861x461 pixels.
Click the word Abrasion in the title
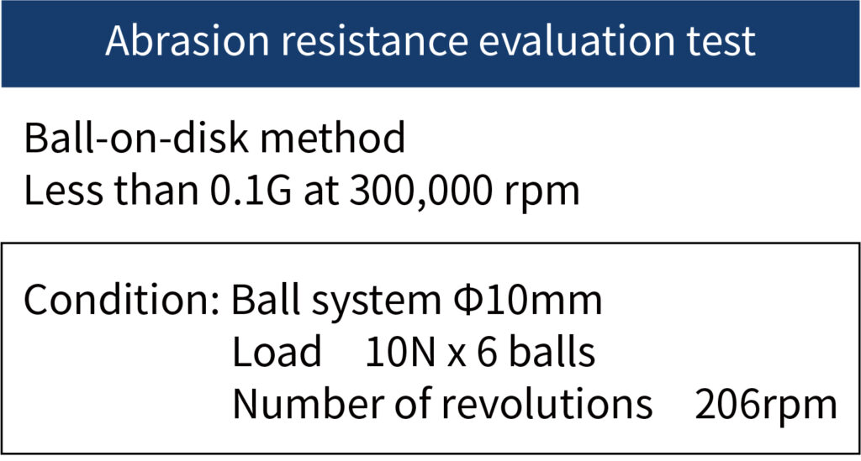tap(188, 40)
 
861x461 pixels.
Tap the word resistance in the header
tap(374, 40)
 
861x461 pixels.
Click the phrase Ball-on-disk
tap(137, 138)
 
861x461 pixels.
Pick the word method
tap(333, 138)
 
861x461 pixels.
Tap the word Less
tap(63, 191)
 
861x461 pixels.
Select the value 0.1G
tap(251, 191)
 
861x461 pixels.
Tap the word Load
tap(277, 351)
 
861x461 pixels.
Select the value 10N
tap(400, 352)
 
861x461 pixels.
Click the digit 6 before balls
tap(487, 352)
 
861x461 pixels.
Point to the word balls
tap(552, 351)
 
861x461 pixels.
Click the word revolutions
tap(547, 403)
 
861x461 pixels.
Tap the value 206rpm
tap(766, 406)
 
